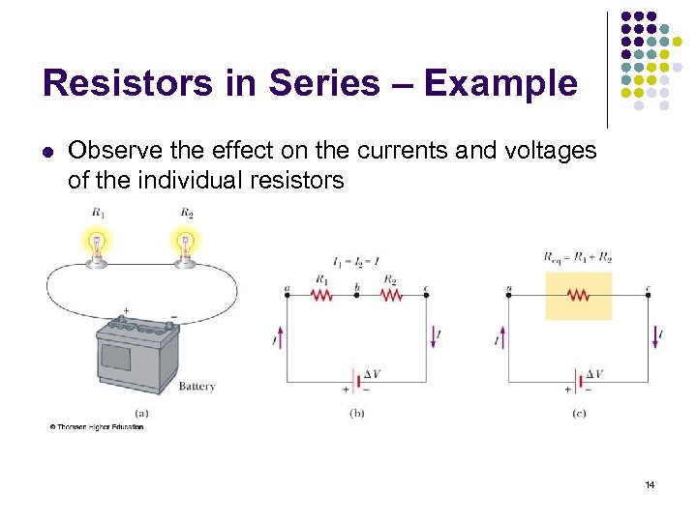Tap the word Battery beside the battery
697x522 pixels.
tap(197, 387)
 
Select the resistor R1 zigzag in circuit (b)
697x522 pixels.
tap(321, 296)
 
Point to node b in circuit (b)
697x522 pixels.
tap(356, 295)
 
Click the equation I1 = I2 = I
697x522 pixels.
tap(355, 260)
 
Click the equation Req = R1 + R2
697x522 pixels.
tap(579, 257)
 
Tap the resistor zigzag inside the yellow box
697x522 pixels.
tap(579, 296)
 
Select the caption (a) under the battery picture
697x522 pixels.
tap(141, 413)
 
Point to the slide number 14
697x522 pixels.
tap(650, 484)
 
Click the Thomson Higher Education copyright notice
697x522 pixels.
tap(97, 427)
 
